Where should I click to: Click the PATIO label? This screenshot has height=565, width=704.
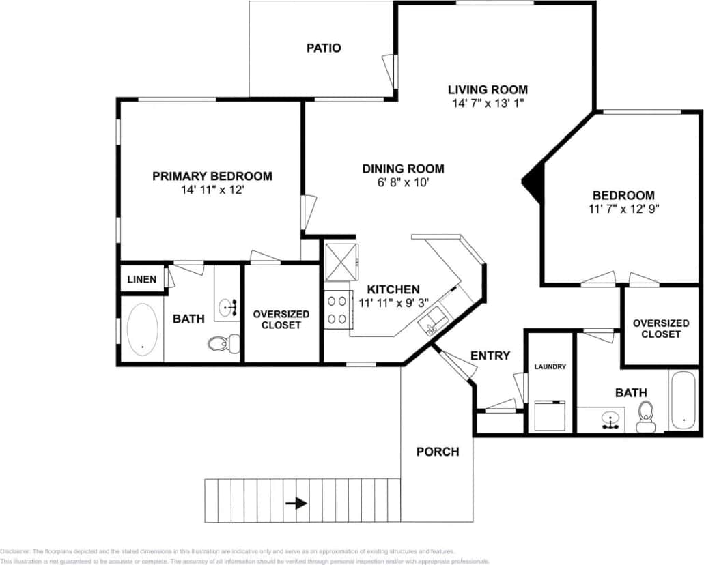pyautogui.click(x=323, y=48)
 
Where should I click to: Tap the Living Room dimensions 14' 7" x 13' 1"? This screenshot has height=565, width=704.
pyautogui.click(x=488, y=104)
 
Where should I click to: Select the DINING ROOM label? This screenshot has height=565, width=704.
pyautogui.click(x=403, y=169)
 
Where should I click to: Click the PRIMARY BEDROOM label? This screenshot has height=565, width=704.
pyautogui.click(x=212, y=176)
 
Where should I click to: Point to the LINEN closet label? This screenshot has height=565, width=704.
pyautogui.click(x=142, y=279)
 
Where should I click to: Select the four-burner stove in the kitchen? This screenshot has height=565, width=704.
pyautogui.click(x=337, y=308)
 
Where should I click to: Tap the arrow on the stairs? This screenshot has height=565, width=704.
pyautogui.click(x=296, y=504)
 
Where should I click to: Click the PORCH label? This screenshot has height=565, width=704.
pyautogui.click(x=438, y=452)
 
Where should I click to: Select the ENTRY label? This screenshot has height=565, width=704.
pyautogui.click(x=490, y=356)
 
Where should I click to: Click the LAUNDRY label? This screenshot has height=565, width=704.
pyautogui.click(x=550, y=366)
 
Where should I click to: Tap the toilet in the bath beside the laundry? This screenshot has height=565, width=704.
pyautogui.click(x=645, y=417)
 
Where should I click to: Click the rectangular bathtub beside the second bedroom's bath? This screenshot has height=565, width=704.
pyautogui.click(x=682, y=400)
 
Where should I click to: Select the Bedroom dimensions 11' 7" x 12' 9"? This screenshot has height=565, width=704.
pyautogui.click(x=623, y=209)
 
